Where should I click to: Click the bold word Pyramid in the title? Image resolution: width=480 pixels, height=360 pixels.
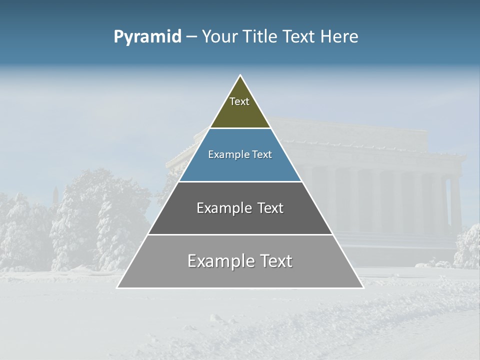tap(147, 37)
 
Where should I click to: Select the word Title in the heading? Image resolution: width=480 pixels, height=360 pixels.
tap(262, 37)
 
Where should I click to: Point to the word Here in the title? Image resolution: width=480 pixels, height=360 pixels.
tap(339, 37)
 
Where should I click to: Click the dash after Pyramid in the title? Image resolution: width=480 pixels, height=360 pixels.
tap(191, 37)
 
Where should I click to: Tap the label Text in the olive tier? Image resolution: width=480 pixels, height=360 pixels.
tap(239, 101)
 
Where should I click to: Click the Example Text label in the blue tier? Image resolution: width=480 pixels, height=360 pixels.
tap(240, 154)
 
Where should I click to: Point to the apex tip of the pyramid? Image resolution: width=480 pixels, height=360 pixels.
tap(240, 76)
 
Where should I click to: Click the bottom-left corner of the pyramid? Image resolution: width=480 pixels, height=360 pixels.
tap(118, 287)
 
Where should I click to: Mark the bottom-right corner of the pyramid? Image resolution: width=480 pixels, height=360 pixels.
tap(362, 287)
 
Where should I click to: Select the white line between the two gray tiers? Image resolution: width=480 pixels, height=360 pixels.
tap(240, 234)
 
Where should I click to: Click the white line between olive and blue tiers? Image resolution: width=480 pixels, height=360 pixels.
tap(240, 128)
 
